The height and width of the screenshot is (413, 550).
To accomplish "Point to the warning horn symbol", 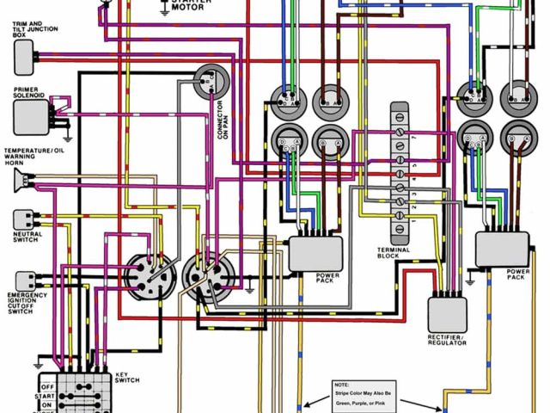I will (24, 182).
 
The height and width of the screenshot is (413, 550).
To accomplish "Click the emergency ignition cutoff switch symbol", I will (25, 280).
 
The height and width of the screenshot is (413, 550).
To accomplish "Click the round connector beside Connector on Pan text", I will (210, 83).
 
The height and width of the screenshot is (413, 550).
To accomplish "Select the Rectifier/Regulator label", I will (447, 339).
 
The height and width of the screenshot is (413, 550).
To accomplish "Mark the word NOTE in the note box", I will (341, 384).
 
